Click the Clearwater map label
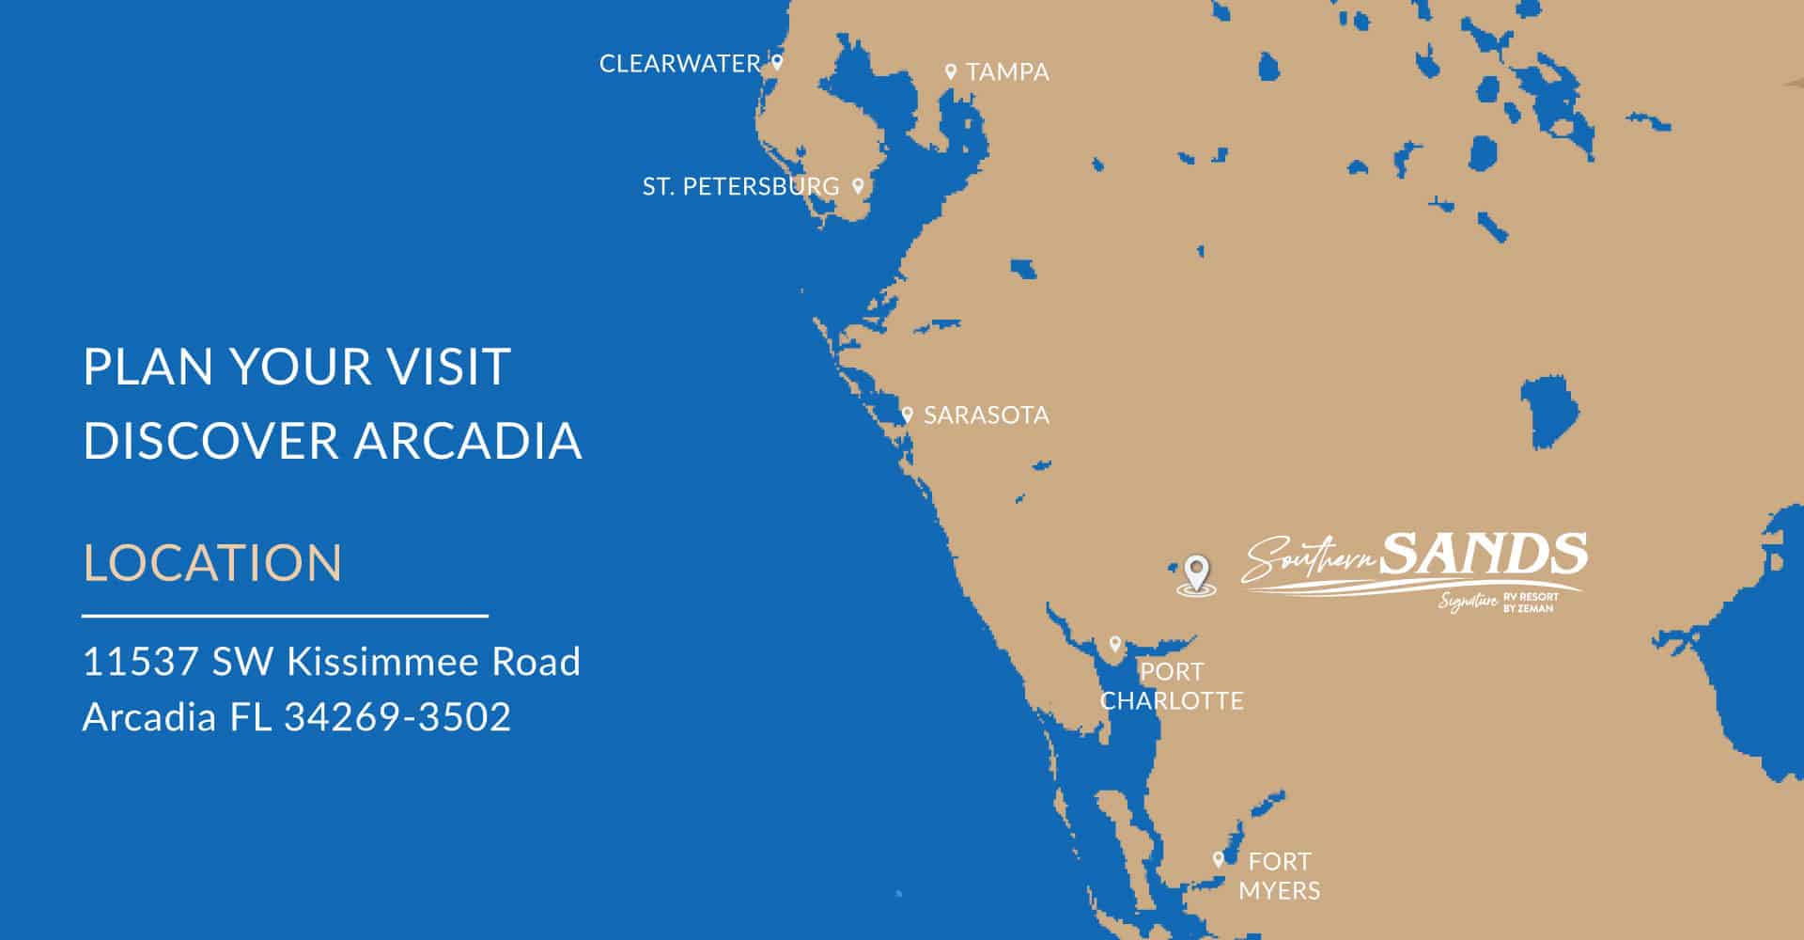(679, 64)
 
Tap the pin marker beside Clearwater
(777, 63)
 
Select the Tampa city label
(1007, 72)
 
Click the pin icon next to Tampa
(951, 71)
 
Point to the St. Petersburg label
(740, 187)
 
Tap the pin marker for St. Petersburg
(857, 185)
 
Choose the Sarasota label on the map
(986, 415)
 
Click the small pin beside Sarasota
(907, 415)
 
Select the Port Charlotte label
(1172, 686)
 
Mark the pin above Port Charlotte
(1115, 645)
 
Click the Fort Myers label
(1279, 876)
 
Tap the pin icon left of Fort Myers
(1219, 859)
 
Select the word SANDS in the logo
(1485, 554)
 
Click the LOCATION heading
(213, 562)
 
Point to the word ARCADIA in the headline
(468, 441)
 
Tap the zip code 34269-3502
(397, 717)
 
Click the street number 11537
(141, 662)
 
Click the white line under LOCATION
(285, 617)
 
